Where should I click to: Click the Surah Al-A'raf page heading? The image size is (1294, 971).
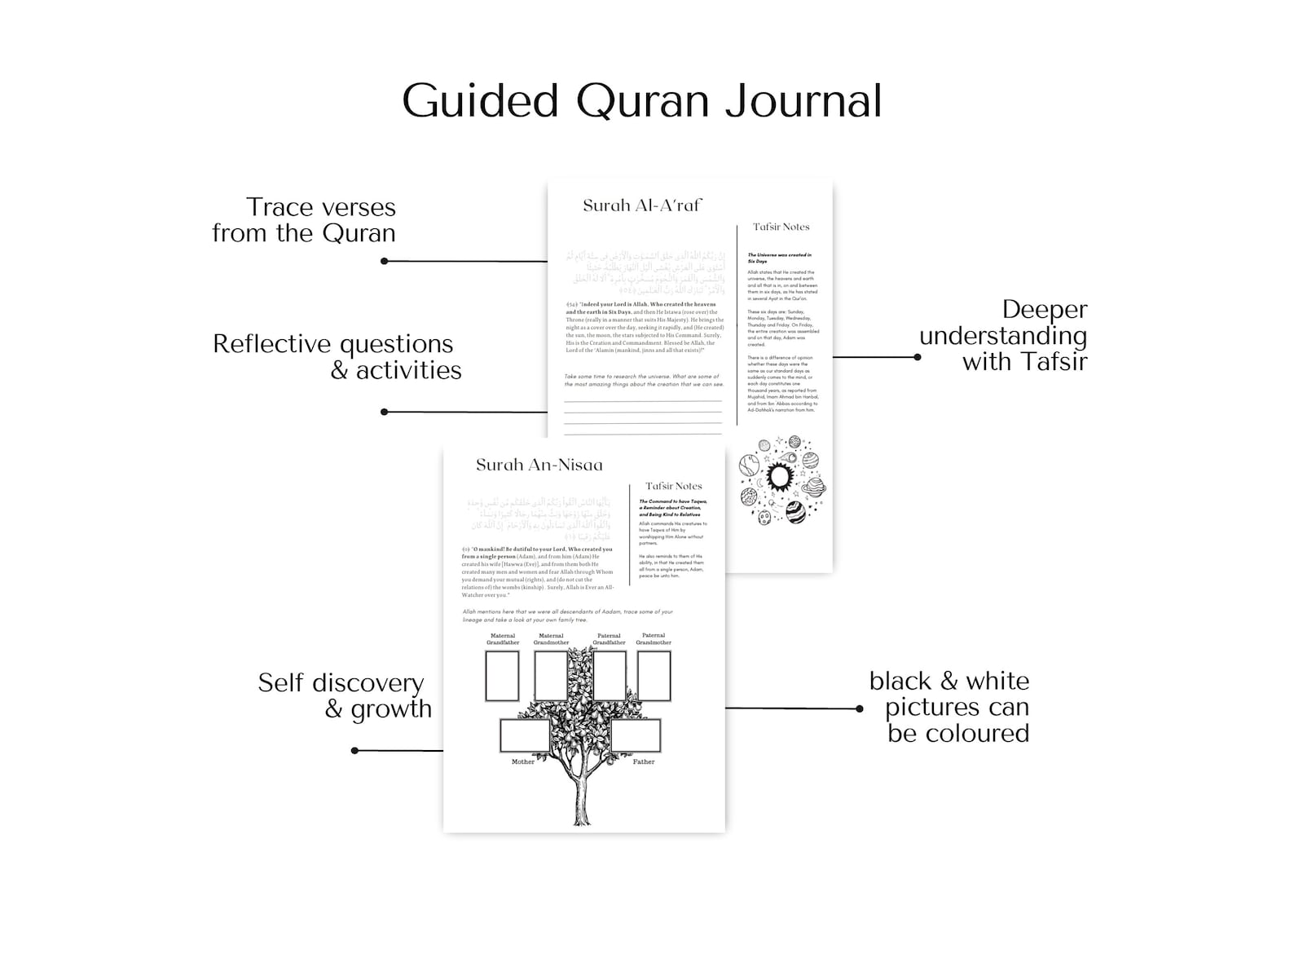click(641, 205)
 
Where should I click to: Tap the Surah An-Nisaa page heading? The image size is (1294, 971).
click(539, 465)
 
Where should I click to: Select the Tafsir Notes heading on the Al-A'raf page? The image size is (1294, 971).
click(781, 227)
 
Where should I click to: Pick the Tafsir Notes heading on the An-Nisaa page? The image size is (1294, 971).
click(673, 486)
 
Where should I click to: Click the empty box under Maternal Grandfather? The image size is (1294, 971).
click(502, 676)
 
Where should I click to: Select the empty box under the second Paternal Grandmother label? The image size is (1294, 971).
click(654, 676)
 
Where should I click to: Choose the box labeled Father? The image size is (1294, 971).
click(636, 735)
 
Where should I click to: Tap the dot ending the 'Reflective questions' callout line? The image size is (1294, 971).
click(385, 412)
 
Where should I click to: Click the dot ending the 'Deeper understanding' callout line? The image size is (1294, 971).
click(918, 357)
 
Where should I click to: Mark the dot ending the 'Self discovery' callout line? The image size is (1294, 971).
click(354, 750)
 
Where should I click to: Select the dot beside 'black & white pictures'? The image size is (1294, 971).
click(860, 708)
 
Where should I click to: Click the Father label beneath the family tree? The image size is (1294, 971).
click(644, 761)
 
